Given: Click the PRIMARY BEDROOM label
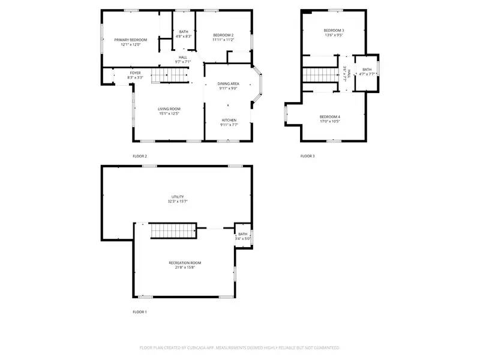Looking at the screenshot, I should [130, 40].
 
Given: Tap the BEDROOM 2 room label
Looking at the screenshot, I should [223, 35].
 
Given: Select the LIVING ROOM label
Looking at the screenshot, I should [170, 109].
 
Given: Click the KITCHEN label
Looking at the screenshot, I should [229, 119].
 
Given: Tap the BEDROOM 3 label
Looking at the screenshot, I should [334, 30].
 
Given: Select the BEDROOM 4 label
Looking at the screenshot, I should [329, 116].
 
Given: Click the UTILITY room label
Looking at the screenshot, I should [178, 197].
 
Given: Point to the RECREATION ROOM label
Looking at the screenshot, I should [184, 263].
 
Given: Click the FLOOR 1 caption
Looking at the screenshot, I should [139, 312].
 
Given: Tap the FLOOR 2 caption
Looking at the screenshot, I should [139, 156].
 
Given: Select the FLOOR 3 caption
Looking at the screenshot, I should [307, 156].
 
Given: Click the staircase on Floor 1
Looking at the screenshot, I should [173, 230].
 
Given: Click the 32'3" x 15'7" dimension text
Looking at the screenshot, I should [178, 202].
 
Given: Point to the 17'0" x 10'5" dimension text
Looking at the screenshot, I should [329, 121].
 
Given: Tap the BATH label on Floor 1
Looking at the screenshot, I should [242, 234].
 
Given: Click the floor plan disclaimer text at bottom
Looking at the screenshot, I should [239, 347].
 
